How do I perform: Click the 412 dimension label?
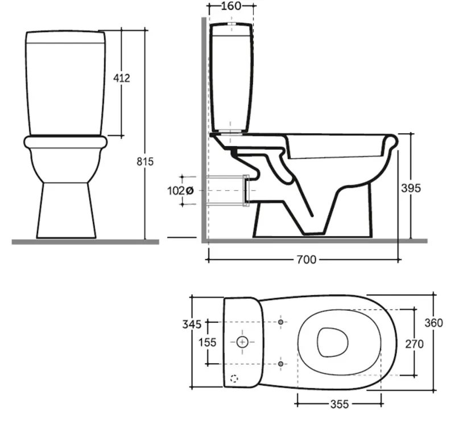click(x=121, y=77)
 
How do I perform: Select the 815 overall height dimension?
click(x=145, y=162)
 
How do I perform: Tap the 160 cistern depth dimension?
click(x=230, y=6)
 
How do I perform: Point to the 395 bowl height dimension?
click(x=410, y=188)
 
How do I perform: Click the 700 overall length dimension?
click(x=305, y=260)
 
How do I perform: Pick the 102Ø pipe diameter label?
click(x=181, y=191)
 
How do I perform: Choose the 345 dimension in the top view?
click(x=192, y=324)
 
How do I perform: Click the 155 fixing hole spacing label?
click(x=207, y=342)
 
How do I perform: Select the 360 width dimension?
click(x=433, y=323)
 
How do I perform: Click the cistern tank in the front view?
click(x=65, y=83)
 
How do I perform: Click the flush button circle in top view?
click(x=242, y=342)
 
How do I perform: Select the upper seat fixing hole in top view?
click(x=280, y=322)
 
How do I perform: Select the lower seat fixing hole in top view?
click(x=280, y=363)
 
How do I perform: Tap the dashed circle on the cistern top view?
click(x=234, y=378)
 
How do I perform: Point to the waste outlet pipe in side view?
click(x=227, y=190)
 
